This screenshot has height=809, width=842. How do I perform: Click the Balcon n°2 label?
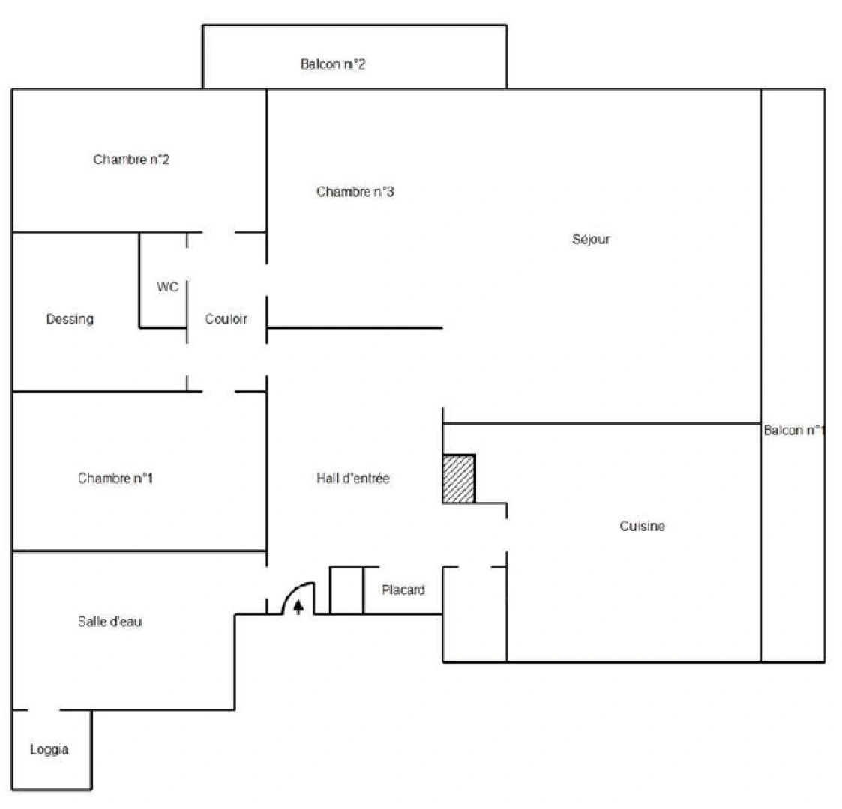pyautogui.click(x=333, y=64)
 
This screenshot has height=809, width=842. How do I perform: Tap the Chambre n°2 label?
pyautogui.click(x=131, y=160)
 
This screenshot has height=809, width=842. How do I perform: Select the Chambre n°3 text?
pyautogui.click(x=355, y=192)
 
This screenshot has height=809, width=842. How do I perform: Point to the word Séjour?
pyautogui.click(x=591, y=240)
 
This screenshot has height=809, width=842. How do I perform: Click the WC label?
pyautogui.click(x=167, y=287)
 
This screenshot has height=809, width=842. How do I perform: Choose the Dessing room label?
pyautogui.click(x=70, y=319)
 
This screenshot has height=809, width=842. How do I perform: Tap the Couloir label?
pyautogui.click(x=226, y=319)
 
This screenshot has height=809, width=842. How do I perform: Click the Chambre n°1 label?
pyautogui.click(x=115, y=478)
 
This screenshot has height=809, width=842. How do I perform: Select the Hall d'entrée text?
pyautogui.click(x=353, y=478)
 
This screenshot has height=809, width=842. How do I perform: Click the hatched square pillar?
pyautogui.click(x=459, y=479)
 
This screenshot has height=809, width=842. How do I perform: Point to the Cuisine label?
pyautogui.click(x=642, y=527)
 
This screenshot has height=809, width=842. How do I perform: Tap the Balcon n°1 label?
pyautogui.click(x=794, y=431)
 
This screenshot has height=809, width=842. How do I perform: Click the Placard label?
pyautogui.click(x=403, y=590)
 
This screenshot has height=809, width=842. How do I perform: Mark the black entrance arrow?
pyautogui.click(x=298, y=606)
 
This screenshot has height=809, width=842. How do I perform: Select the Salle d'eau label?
pyautogui.click(x=110, y=621)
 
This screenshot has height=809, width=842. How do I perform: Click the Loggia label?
pyautogui.click(x=49, y=749)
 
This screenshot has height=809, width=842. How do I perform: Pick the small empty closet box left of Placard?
pyautogui.click(x=346, y=590)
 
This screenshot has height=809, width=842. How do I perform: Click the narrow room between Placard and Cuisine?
pyautogui.click(x=475, y=614)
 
